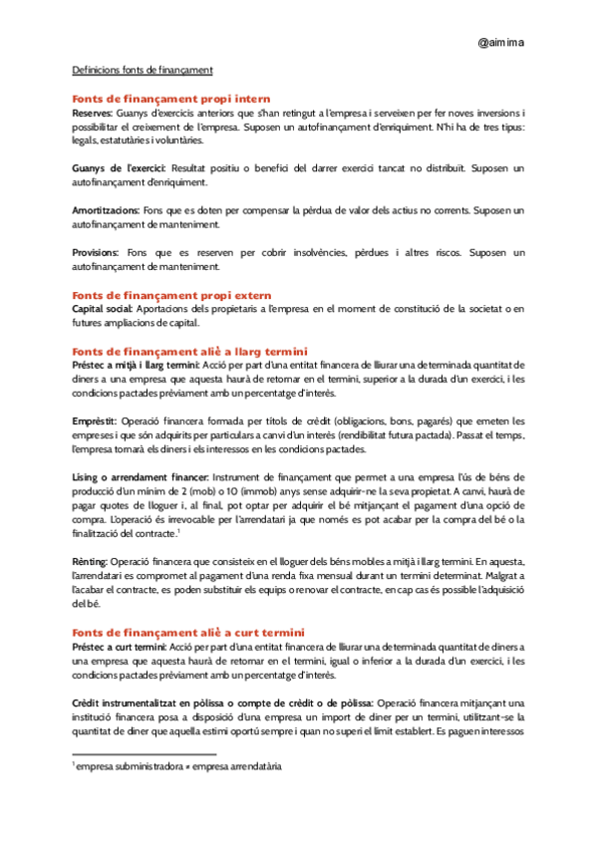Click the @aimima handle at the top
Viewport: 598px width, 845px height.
point(501,44)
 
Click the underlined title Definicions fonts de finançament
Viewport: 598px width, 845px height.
point(143,71)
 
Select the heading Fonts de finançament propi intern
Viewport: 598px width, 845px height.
point(171,100)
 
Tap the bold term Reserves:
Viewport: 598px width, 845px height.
point(93,114)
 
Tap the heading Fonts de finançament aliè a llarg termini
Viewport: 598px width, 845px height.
point(190,351)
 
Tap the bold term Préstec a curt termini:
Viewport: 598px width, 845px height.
point(121,646)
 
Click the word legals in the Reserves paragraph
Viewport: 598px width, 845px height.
point(88,140)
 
